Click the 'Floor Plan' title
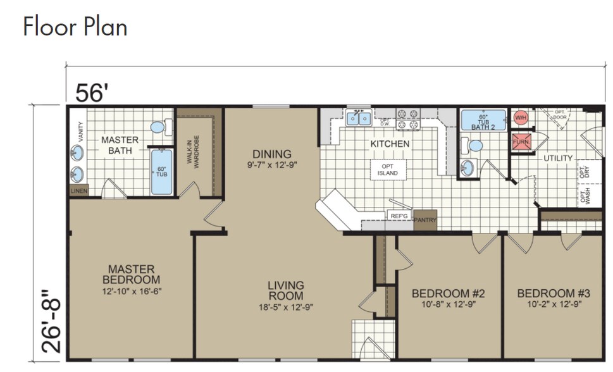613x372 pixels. [x=75, y=27]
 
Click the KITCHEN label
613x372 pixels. [x=390, y=144]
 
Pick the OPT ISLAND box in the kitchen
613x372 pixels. [x=388, y=170]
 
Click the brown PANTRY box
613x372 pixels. [x=425, y=219]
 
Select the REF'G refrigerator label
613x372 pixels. [x=399, y=216]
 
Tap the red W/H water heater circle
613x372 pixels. [x=521, y=118]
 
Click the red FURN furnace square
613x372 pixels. [x=521, y=142]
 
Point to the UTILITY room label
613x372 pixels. [x=558, y=158]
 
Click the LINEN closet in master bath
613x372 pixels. [x=78, y=190]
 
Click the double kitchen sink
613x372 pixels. [x=358, y=118]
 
